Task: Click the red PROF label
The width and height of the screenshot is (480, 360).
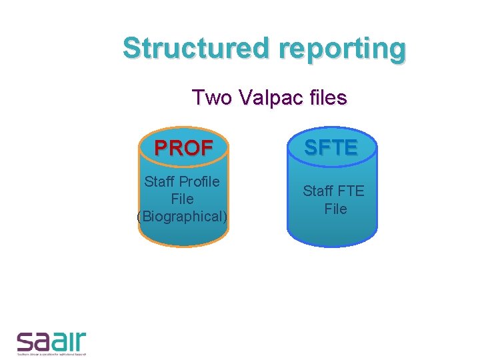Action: (x=184, y=147)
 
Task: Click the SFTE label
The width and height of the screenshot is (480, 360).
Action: (x=331, y=147)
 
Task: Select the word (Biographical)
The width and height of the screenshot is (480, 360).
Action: (x=182, y=216)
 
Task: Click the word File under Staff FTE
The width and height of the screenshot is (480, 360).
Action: (x=335, y=209)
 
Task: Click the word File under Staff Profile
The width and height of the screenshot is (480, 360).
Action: (x=182, y=199)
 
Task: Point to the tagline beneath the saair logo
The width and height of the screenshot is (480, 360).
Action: (x=52, y=355)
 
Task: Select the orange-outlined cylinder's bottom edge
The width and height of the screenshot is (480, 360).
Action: (x=183, y=245)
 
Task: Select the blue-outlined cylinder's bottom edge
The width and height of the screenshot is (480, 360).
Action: (x=332, y=245)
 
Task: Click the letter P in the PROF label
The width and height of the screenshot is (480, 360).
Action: (x=161, y=147)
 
